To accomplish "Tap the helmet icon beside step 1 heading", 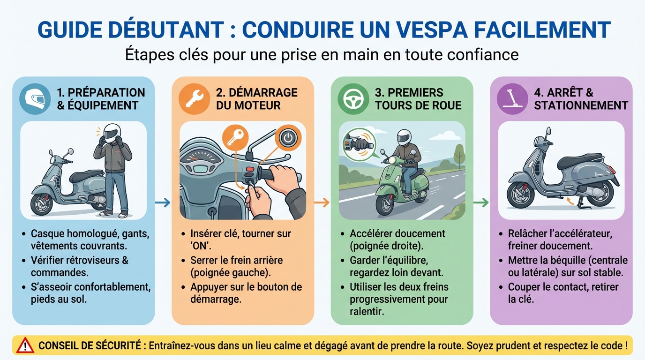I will click(x=35, y=99).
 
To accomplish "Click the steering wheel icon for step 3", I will click(x=353, y=99).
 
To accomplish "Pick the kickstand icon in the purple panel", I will click(x=512, y=99).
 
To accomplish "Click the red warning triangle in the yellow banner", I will click(x=25, y=346).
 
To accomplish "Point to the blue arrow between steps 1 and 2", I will click(x=163, y=202).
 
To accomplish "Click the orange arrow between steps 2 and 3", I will click(x=322, y=202).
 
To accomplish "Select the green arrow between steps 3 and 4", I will click(x=481, y=202).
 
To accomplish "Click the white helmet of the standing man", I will click(x=112, y=133).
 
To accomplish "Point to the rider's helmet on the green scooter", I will click(x=403, y=137).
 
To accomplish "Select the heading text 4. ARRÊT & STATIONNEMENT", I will click(x=580, y=99).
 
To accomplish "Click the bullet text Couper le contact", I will click(x=563, y=287).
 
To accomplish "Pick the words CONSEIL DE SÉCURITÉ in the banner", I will click(x=90, y=346).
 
